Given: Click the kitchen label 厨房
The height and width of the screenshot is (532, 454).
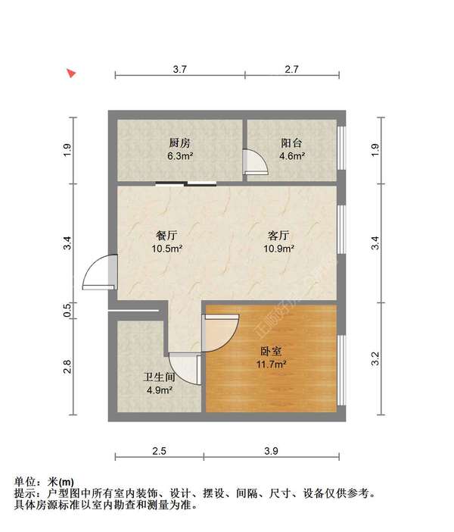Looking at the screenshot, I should click(x=179, y=142).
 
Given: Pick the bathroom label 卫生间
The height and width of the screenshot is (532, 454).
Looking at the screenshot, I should click(x=160, y=377).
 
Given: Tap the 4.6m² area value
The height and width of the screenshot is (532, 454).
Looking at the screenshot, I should click(x=292, y=157).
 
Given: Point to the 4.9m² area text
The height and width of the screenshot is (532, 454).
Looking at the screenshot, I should click(x=160, y=391).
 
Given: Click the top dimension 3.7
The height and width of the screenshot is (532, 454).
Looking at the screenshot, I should click(x=179, y=69).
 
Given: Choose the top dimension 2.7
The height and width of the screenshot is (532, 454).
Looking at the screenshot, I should click(x=292, y=69).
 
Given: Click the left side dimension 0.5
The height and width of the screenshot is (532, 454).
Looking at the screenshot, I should click(x=67, y=309).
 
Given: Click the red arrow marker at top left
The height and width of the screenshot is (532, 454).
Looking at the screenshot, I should click(x=71, y=74).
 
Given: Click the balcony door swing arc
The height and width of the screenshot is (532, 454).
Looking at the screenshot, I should click(x=254, y=162).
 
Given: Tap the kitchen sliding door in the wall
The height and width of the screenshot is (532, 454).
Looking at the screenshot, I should click(x=186, y=183).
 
